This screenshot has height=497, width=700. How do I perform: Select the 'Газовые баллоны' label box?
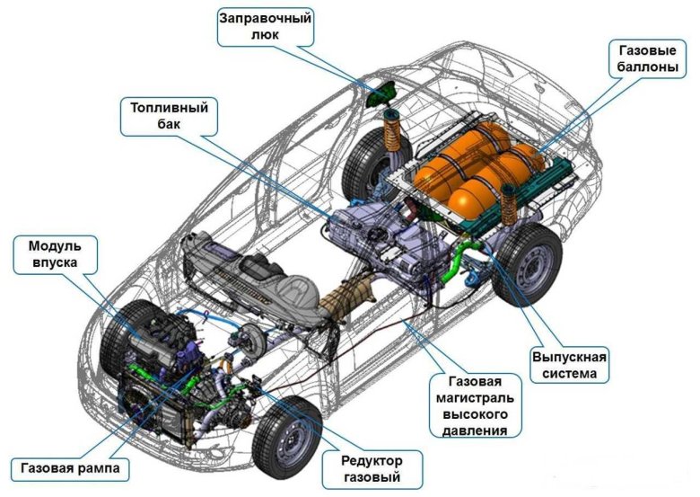coord(643,59)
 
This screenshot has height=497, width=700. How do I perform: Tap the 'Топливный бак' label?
coord(167,116)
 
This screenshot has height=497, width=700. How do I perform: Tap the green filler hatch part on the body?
coord(384,93)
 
